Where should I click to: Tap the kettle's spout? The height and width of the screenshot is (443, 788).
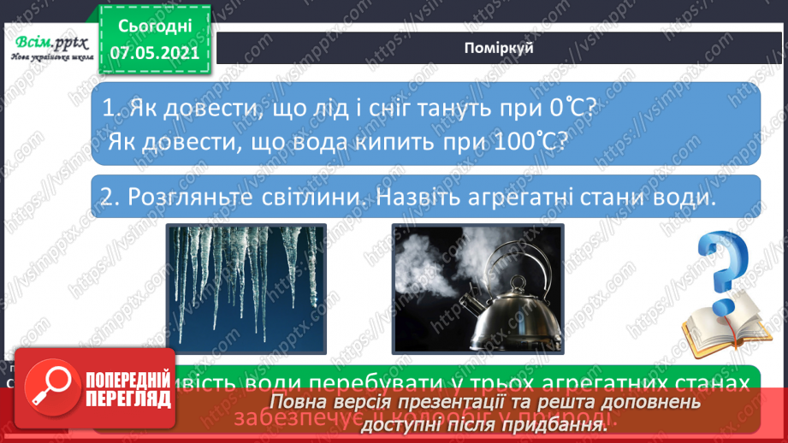pyautogui.click(x=468, y=304)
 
